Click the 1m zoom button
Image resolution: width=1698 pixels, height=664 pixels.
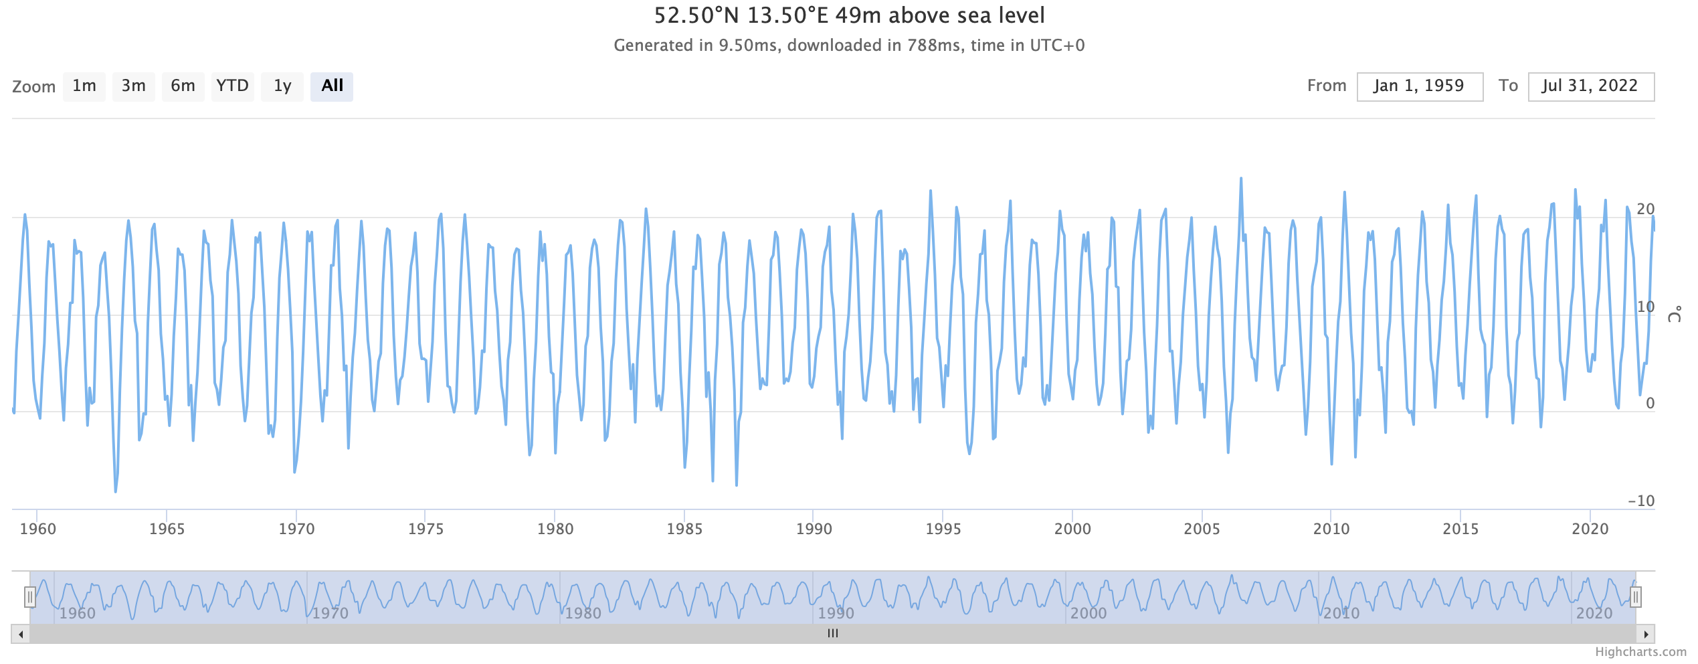click(84, 86)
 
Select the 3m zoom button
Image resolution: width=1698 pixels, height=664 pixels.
click(134, 86)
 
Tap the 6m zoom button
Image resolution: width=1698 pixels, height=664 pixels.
click(183, 86)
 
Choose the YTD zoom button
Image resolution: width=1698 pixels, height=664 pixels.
click(232, 86)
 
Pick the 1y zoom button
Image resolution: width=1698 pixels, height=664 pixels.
click(282, 86)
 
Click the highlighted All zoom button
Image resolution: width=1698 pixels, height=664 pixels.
click(332, 86)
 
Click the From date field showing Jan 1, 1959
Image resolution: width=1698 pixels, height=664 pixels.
click(1419, 86)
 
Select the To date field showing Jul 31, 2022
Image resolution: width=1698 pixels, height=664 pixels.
click(1590, 86)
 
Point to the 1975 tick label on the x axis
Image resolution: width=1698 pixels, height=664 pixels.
click(426, 529)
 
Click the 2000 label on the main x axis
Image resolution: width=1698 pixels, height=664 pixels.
click(1072, 529)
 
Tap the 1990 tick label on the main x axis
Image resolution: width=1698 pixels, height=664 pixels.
click(814, 529)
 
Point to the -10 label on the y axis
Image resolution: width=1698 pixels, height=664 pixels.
click(1640, 501)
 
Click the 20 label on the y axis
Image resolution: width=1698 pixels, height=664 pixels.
click(1645, 209)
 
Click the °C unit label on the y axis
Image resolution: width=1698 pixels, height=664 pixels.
click(1674, 314)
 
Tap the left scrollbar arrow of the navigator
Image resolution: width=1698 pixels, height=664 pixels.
click(21, 634)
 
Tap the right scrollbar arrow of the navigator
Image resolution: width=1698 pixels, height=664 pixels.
click(1646, 634)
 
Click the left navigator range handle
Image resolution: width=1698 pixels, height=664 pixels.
click(30, 596)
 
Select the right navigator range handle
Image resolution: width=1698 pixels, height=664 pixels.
click(1635, 596)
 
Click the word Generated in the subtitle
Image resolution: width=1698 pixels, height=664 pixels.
click(644, 46)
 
